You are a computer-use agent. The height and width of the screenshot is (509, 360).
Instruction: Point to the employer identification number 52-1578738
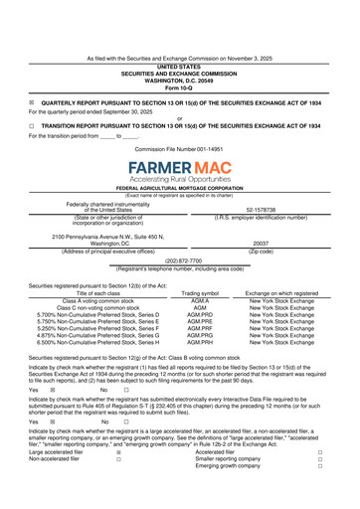click(x=261, y=207)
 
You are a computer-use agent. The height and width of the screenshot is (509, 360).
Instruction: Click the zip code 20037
click(x=261, y=243)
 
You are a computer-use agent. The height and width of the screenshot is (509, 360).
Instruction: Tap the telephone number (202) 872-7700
click(x=180, y=260)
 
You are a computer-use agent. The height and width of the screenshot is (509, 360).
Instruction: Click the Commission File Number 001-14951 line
click(x=180, y=148)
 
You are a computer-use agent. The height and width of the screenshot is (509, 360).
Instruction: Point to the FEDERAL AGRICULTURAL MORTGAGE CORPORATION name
click(x=180, y=188)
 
